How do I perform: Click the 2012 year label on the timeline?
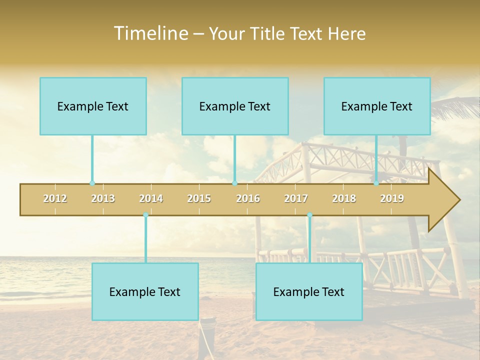pyautogui.click(x=55, y=198)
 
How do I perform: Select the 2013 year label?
pyautogui.click(x=103, y=198)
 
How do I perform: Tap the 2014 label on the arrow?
pyautogui.click(x=151, y=198)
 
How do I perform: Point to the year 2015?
pyautogui.click(x=199, y=198)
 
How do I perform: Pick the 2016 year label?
pyautogui.click(x=248, y=198)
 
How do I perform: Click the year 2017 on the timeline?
pyautogui.click(x=296, y=198)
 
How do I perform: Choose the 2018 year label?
pyautogui.click(x=344, y=198)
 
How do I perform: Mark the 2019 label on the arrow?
pyautogui.click(x=392, y=198)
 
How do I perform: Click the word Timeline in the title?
pyautogui.click(x=149, y=33)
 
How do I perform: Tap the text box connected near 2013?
pyautogui.click(x=93, y=106)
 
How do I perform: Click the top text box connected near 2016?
pyautogui.click(x=235, y=106)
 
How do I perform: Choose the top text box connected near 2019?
pyautogui.click(x=377, y=106)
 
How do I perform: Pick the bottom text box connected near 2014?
pyautogui.click(x=145, y=291)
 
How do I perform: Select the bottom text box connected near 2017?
pyautogui.click(x=309, y=291)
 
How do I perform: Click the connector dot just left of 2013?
pyautogui.click(x=92, y=183)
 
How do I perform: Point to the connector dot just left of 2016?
pyautogui.click(x=234, y=183)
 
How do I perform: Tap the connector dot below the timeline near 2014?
pyautogui.click(x=145, y=215)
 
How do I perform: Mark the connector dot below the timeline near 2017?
pyautogui.click(x=309, y=215)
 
